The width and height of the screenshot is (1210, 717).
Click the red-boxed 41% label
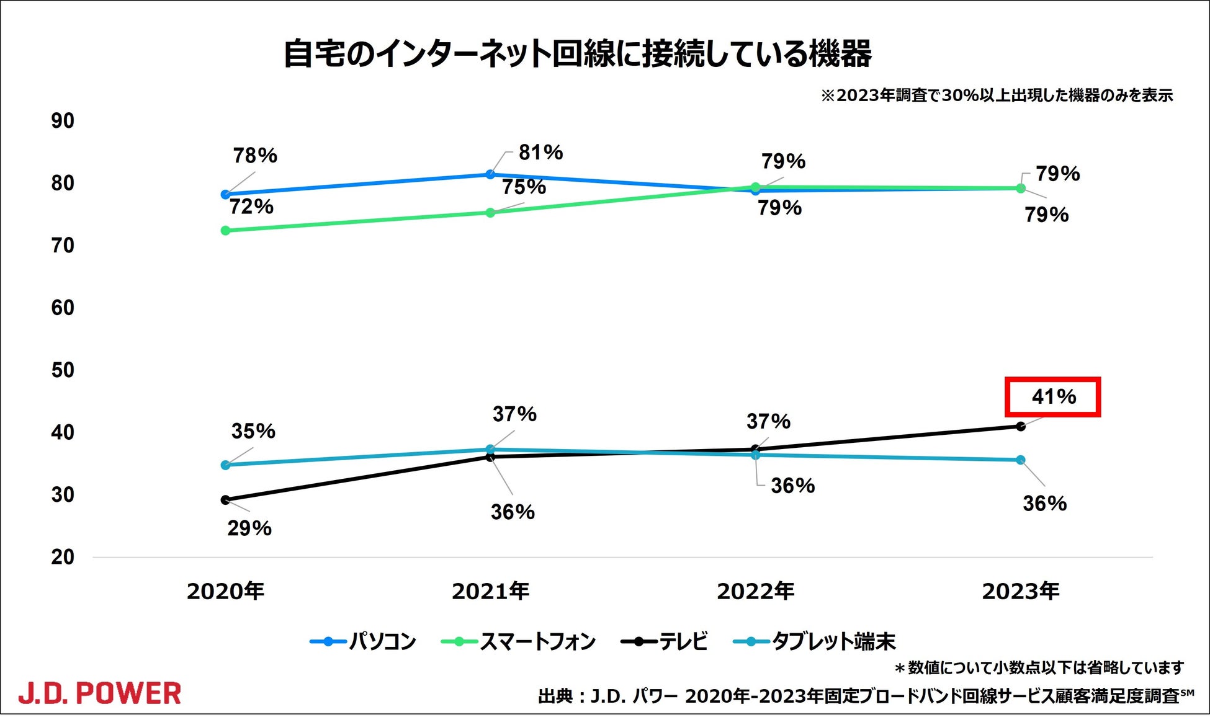[x=1053, y=397]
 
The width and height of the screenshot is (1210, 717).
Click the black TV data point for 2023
[x=1021, y=426]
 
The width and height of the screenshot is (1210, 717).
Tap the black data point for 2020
[x=225, y=500]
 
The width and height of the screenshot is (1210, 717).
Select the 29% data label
[x=249, y=528]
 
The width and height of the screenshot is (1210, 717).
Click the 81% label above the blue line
[x=540, y=153]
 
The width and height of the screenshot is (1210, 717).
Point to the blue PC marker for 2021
[x=490, y=174]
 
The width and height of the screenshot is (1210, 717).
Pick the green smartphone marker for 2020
[x=225, y=231]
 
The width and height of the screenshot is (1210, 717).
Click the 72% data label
[x=251, y=207]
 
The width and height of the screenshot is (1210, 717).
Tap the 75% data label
[x=524, y=187]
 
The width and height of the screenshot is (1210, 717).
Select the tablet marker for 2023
[x=1021, y=460]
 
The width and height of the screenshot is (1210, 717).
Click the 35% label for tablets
[x=253, y=431]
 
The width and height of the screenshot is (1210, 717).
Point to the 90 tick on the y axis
[x=63, y=121]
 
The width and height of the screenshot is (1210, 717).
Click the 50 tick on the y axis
[x=63, y=370]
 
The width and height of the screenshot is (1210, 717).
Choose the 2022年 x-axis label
[x=755, y=591]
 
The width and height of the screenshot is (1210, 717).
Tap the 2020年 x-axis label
[x=225, y=591]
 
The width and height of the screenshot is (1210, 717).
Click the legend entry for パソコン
[x=364, y=641]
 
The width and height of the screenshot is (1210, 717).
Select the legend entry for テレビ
[x=665, y=641]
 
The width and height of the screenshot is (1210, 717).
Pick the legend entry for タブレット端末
[x=815, y=641]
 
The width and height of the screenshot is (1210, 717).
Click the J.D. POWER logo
[x=100, y=693]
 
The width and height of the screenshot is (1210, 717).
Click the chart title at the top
[x=578, y=53]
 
